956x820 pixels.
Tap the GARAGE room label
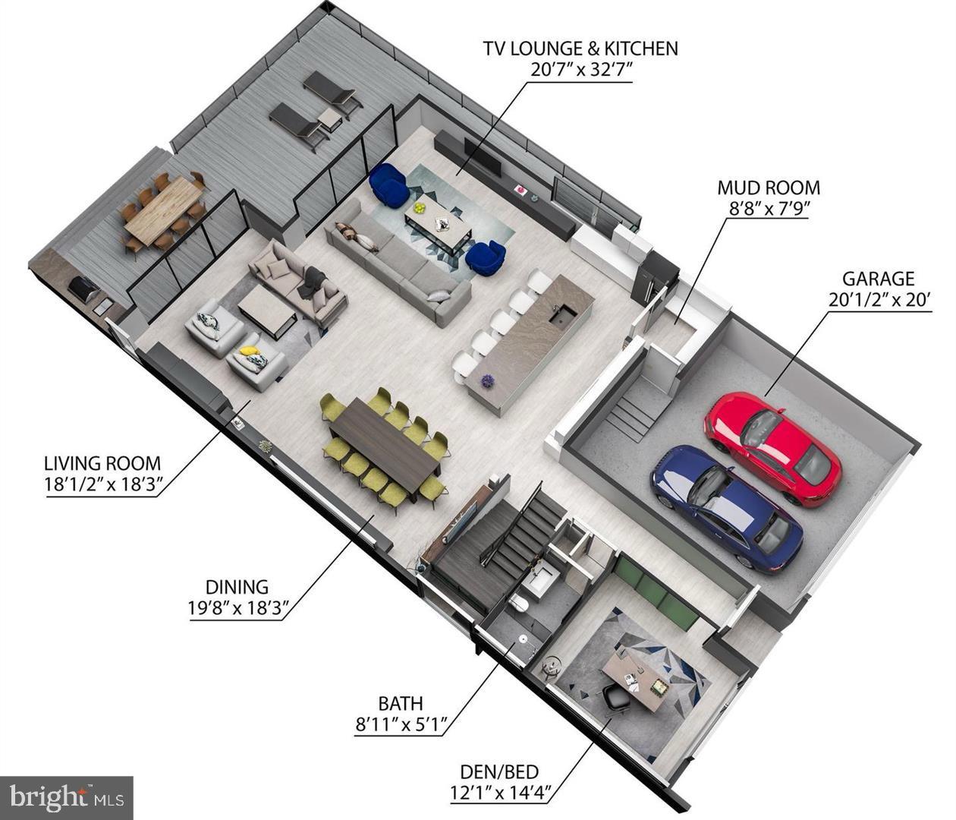(x=878, y=279)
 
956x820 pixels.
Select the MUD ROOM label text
(x=769, y=188)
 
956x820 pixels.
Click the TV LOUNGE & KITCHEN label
(x=580, y=49)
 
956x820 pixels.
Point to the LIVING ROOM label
(x=102, y=463)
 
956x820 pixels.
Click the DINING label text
(x=237, y=586)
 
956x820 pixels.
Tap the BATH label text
(x=401, y=704)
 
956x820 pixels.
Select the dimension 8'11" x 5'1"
(x=401, y=724)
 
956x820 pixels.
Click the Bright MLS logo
(x=67, y=797)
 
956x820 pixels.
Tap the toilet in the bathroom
(x=520, y=604)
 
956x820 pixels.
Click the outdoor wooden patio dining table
(x=163, y=210)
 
